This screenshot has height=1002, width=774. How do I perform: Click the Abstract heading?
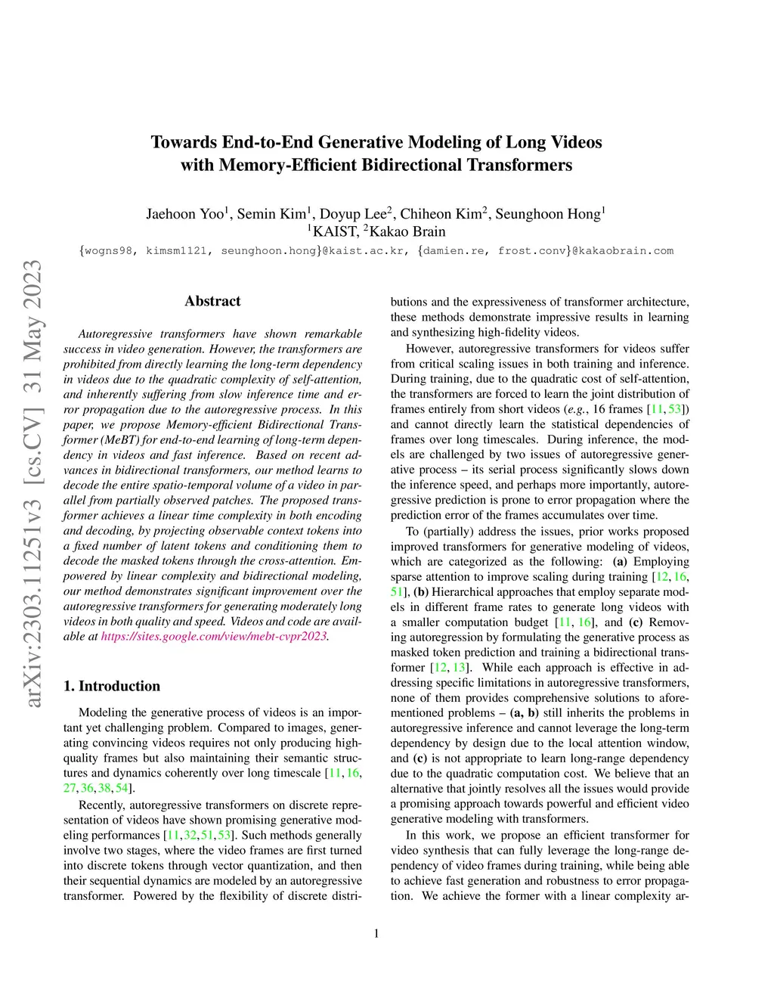[x=212, y=301]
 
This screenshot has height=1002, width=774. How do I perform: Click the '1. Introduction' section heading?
[x=112, y=686]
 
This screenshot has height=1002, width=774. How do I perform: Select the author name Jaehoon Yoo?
[x=184, y=214]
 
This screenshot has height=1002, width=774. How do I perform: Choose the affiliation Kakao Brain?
[x=407, y=232]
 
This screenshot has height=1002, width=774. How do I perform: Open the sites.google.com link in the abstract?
[x=214, y=636]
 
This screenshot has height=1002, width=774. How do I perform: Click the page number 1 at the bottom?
[x=376, y=934]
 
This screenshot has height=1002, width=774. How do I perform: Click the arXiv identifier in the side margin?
[x=33, y=484]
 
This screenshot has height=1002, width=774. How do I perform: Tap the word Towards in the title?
[x=184, y=142]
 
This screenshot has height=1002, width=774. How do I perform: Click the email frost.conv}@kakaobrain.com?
[x=585, y=251]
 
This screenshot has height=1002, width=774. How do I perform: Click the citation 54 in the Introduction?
[x=122, y=788]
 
